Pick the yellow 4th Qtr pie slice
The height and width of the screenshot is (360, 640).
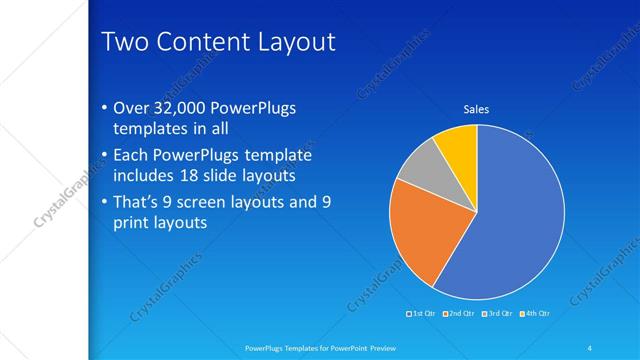click(x=459, y=146)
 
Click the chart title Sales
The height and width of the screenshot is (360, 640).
click(x=475, y=109)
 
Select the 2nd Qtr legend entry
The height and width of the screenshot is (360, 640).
click(x=459, y=314)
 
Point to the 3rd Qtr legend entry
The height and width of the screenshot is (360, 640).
click(x=497, y=314)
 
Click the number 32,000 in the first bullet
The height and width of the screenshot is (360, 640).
click(x=186, y=108)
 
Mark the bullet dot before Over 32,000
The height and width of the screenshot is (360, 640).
click(x=106, y=109)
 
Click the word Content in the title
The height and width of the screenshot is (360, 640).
click(x=204, y=43)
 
